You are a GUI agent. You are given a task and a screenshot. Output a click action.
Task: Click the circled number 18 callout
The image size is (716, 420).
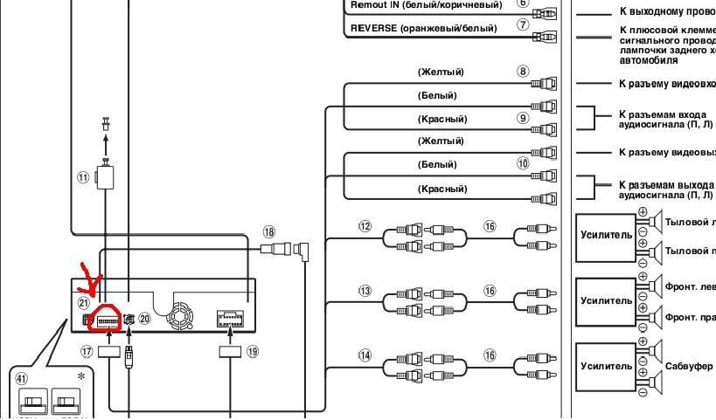268,232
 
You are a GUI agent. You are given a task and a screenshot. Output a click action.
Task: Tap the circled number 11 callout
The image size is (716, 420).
84,176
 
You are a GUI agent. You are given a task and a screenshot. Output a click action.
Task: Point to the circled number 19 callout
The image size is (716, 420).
254,353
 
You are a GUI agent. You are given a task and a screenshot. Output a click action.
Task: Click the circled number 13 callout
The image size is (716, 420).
365,291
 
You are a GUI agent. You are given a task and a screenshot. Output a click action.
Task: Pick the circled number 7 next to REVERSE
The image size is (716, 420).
524,24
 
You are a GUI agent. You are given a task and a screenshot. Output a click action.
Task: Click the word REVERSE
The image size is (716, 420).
373,28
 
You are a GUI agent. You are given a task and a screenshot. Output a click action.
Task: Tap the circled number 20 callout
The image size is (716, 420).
145,320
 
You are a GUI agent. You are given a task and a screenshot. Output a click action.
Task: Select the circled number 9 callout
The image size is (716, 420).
524,118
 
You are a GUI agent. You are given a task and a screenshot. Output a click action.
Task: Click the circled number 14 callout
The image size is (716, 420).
365,355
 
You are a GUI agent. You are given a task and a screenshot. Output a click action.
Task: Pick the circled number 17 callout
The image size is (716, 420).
87,353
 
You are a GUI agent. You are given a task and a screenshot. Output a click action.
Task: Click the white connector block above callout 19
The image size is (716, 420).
231,320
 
